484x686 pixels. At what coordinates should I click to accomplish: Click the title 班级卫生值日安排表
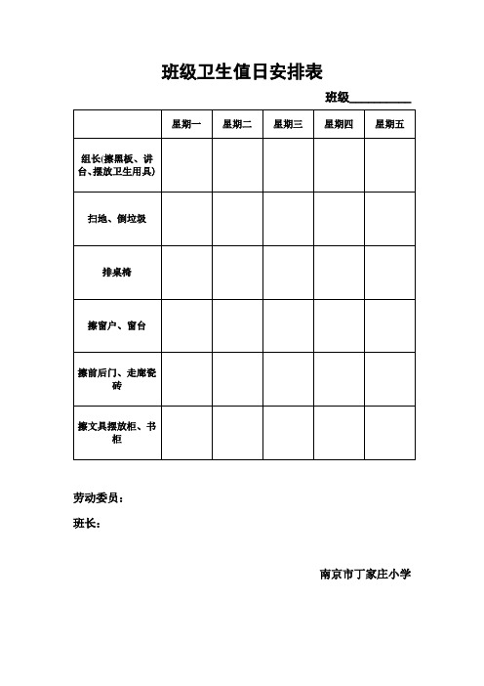point(241,71)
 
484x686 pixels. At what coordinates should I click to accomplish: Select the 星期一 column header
point(186,124)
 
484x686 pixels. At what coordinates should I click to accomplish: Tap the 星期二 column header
point(237,124)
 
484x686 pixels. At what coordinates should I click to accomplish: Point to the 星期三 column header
point(288,124)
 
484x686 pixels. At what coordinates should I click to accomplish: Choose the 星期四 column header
point(339,124)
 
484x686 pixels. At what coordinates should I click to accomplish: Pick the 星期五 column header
point(389,124)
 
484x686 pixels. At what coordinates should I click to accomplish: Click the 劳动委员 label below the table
point(98,498)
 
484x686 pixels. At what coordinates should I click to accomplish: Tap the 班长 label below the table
point(87,524)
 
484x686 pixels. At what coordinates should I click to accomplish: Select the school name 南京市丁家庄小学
point(366,575)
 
